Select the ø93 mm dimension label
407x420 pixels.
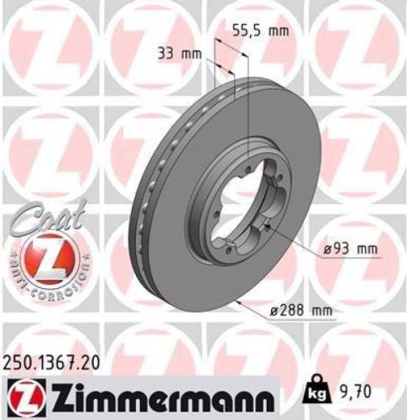click(348, 249)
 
